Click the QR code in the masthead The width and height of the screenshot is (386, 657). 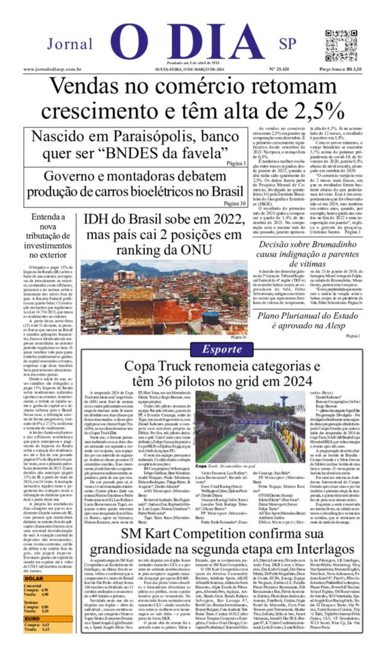click(x=341, y=45)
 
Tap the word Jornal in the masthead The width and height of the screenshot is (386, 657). click(x=70, y=44)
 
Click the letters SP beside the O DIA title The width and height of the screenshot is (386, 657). click(x=288, y=44)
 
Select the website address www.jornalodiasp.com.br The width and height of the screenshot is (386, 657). click(x=52, y=69)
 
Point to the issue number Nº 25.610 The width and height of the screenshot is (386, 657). click(x=279, y=69)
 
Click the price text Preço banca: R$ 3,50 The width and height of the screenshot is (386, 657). click(x=340, y=69)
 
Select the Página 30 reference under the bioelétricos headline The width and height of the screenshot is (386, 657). click(x=234, y=203)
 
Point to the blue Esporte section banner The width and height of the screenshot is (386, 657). click(x=221, y=349)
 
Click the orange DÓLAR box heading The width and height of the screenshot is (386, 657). click(x=34, y=578)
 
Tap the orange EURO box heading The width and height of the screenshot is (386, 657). click(x=32, y=619)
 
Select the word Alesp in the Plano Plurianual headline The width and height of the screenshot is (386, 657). click(x=332, y=325)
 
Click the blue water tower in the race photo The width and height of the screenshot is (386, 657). click(x=284, y=400)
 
